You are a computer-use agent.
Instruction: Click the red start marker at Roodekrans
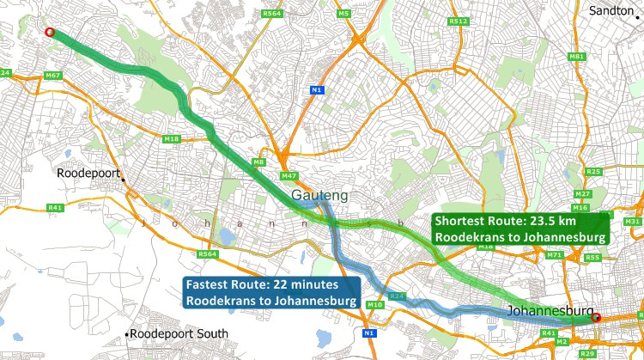click(49, 33)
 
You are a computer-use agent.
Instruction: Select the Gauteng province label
click(319, 196)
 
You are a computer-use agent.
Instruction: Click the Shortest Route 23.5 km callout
click(520, 228)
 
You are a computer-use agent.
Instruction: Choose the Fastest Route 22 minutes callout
click(271, 292)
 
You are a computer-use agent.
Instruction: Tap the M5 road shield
click(343, 14)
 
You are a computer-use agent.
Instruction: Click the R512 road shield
click(458, 21)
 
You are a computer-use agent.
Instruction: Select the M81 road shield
click(576, 57)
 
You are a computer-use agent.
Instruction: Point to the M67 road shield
click(53, 76)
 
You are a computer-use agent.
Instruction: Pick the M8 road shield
click(258, 162)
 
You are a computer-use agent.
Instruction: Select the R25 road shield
click(592, 172)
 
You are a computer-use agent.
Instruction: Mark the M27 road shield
click(582, 194)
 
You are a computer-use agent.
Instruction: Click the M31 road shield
click(634, 222)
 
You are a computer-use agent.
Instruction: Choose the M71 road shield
click(555, 255)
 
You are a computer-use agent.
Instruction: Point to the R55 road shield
click(592, 258)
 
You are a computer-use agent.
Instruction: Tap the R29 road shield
click(587, 354)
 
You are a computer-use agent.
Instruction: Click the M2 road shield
click(562, 341)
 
